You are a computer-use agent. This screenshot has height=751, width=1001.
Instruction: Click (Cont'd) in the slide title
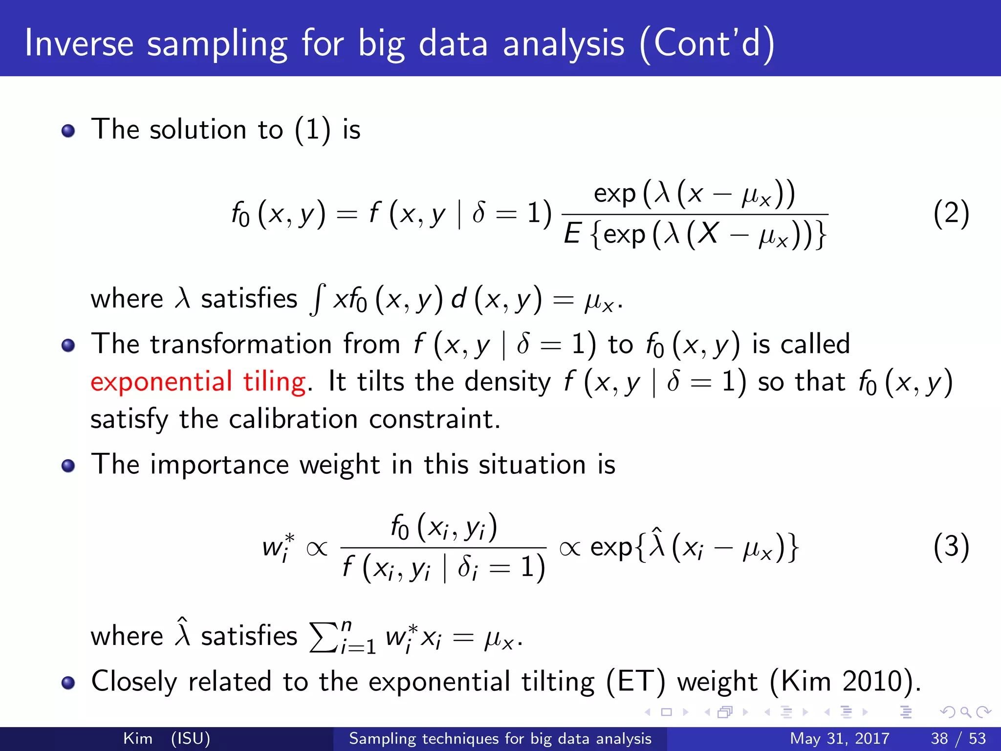[707, 44]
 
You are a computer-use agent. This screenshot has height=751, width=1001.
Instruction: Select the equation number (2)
[951, 214]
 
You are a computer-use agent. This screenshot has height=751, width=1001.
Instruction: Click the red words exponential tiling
[198, 382]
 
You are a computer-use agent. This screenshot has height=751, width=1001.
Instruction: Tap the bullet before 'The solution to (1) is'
[68, 131]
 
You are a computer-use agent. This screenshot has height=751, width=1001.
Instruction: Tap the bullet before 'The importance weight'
[68, 465]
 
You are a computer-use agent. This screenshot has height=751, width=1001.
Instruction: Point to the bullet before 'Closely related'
[68, 683]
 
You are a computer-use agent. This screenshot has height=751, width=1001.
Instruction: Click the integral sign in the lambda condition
[318, 300]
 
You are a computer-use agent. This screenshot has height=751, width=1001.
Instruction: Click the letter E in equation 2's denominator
[571, 234]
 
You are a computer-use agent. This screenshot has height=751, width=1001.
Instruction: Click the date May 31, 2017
[839, 738]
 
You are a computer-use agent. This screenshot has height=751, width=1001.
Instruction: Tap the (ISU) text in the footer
[191, 738]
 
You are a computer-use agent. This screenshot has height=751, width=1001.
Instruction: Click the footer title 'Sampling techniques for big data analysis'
[500, 738]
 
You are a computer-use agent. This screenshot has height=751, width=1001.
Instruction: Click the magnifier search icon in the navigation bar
[965, 712]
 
